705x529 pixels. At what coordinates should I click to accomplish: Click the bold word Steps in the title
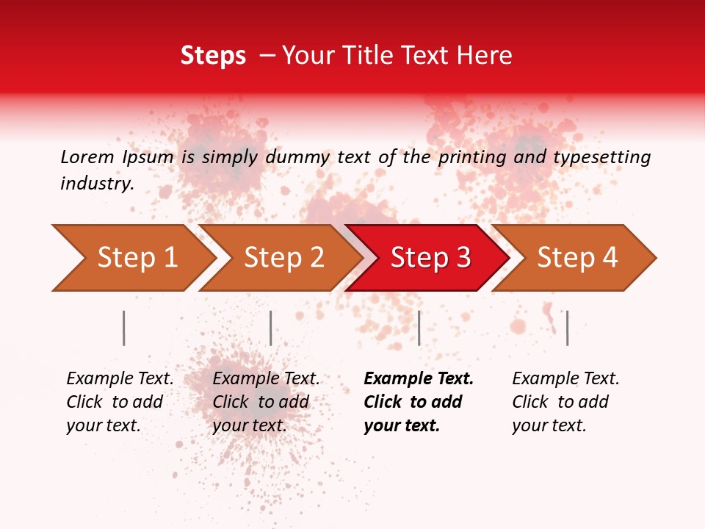[213, 56]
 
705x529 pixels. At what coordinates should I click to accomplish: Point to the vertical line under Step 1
[124, 328]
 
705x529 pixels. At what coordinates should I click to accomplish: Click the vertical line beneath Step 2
[271, 328]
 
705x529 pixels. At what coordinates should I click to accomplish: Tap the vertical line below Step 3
[419, 328]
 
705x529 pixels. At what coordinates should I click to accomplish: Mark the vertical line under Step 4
[568, 328]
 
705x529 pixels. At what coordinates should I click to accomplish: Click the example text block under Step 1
[120, 402]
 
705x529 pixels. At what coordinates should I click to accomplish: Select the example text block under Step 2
[266, 402]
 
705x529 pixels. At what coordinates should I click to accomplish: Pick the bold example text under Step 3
[418, 402]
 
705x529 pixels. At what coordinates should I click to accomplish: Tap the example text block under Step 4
[565, 402]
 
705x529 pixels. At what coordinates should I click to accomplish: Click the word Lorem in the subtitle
[87, 156]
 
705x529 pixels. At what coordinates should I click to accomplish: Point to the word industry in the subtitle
[97, 184]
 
